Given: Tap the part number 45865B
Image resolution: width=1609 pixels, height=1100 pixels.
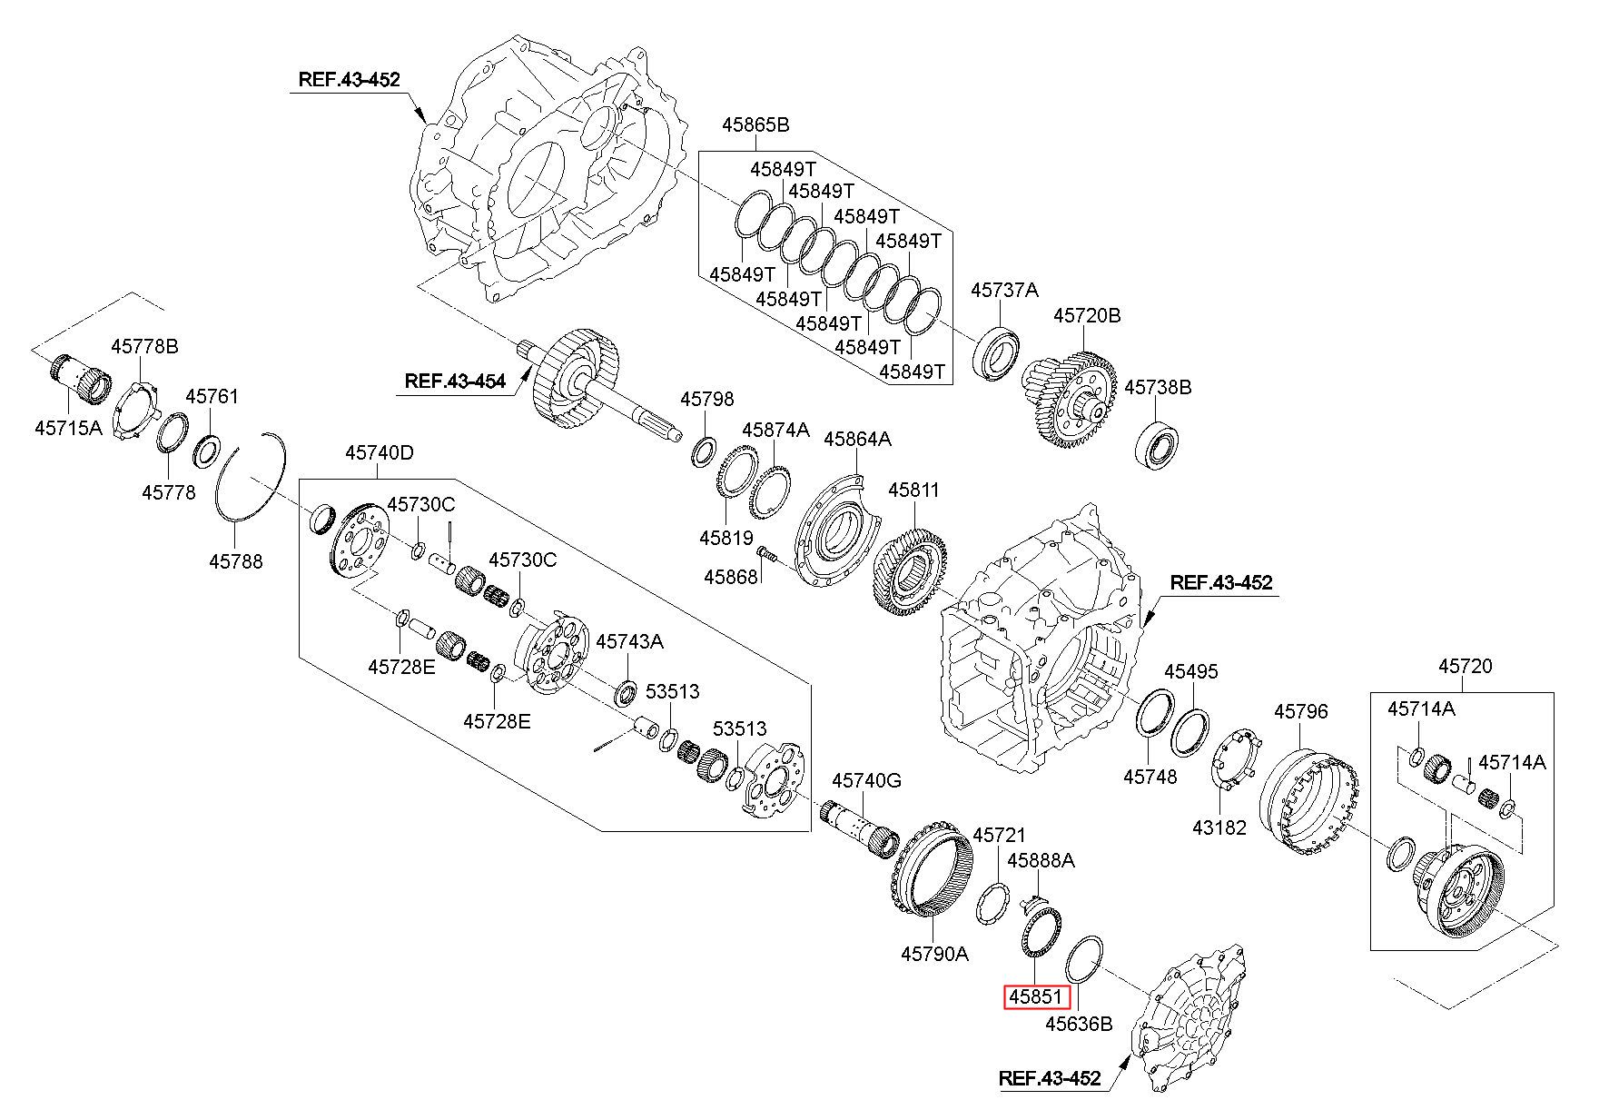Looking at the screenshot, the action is click(755, 124).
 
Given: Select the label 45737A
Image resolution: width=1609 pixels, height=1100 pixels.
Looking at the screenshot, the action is click(1004, 290).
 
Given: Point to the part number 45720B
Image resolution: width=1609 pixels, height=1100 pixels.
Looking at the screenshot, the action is click(1087, 315).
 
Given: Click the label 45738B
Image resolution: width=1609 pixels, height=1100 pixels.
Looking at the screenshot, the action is click(1158, 387).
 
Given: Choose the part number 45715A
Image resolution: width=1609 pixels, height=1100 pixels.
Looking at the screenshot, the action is click(69, 427).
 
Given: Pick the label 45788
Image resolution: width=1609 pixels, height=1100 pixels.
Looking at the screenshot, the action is click(236, 561).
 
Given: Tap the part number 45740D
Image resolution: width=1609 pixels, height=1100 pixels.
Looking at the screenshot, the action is click(379, 452).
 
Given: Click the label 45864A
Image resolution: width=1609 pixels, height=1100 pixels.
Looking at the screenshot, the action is click(857, 440).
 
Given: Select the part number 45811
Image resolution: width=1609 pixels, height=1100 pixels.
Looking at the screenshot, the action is click(913, 491).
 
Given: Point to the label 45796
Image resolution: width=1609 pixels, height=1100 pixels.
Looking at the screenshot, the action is click(1301, 711).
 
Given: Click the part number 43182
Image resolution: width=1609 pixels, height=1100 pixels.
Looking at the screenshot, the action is click(1219, 827).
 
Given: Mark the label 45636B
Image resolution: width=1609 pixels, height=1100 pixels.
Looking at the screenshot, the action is click(1079, 1025).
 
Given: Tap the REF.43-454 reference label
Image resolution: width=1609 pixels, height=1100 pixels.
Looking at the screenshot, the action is click(454, 382).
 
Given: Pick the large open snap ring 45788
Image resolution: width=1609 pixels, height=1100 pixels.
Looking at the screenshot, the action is click(252, 477).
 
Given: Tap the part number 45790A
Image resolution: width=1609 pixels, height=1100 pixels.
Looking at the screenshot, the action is click(934, 954).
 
